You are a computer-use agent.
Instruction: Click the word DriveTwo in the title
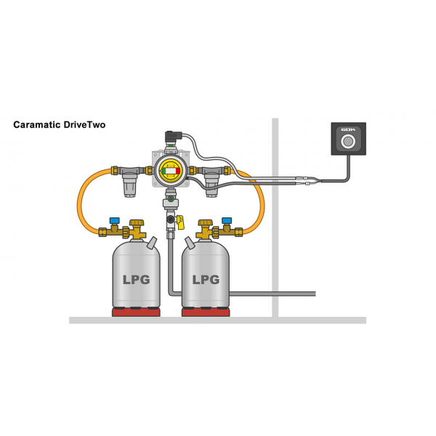click(84, 125)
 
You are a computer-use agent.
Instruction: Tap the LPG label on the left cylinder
click(135, 278)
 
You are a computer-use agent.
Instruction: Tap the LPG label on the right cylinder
click(206, 278)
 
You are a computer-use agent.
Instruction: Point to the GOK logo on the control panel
click(349, 129)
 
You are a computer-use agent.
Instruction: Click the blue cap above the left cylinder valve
click(114, 218)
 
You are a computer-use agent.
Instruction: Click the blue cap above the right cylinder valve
click(227, 218)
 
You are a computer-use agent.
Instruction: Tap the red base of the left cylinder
click(136, 312)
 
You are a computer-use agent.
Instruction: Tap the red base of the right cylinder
click(206, 312)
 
